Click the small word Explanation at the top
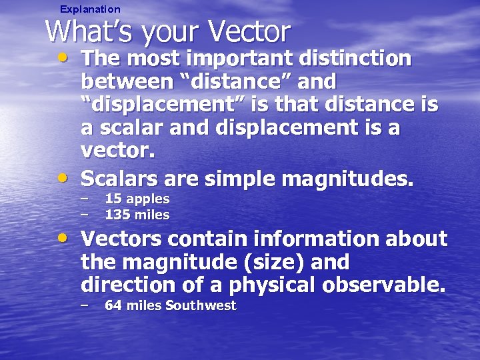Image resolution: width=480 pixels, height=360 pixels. coord(90,9)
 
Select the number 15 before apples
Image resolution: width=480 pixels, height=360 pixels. coord(113,199)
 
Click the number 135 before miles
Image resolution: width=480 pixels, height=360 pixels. coord(117,215)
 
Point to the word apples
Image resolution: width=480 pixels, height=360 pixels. coord(148,199)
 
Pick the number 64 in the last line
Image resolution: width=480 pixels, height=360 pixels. coord(113,305)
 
